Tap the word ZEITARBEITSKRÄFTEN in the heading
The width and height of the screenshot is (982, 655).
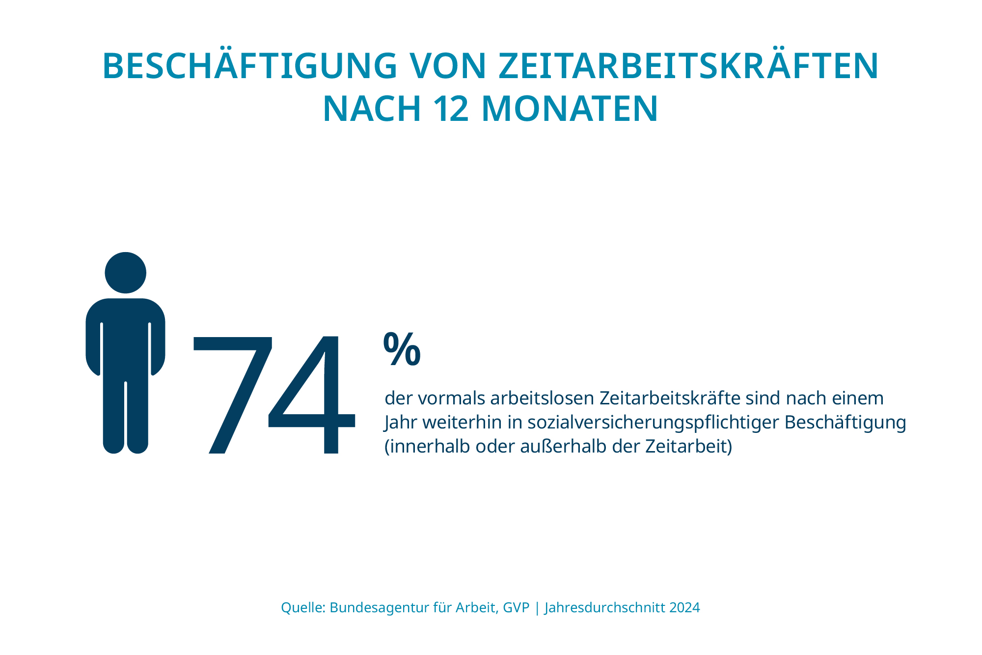(x=688, y=66)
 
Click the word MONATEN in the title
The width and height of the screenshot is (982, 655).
(x=570, y=109)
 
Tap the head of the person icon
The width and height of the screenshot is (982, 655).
(x=126, y=273)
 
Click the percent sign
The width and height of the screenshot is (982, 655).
(x=402, y=349)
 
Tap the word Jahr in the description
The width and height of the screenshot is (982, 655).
(x=401, y=423)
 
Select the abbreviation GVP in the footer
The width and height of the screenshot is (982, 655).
(x=517, y=608)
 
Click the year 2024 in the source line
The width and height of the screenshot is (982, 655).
(x=684, y=608)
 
